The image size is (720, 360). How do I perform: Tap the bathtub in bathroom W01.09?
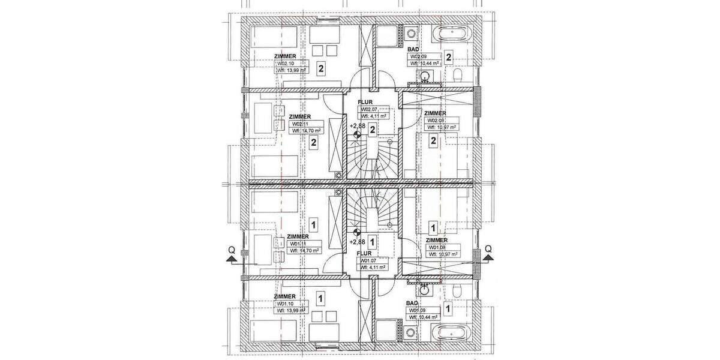coord(452,332)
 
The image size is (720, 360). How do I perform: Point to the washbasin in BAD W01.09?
coord(425,289)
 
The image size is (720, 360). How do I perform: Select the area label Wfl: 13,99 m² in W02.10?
coord(292,70)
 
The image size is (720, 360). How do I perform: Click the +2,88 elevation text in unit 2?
coord(358,126)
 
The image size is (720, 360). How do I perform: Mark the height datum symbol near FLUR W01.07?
coord(357,232)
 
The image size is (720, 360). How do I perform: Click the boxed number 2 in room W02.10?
coord(321,68)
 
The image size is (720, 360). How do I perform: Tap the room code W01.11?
coord(299,244)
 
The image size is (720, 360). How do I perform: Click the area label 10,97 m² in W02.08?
coord(443,127)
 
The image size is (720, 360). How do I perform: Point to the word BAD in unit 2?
coord(413,49)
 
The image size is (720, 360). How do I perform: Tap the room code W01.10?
coord(284,304)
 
